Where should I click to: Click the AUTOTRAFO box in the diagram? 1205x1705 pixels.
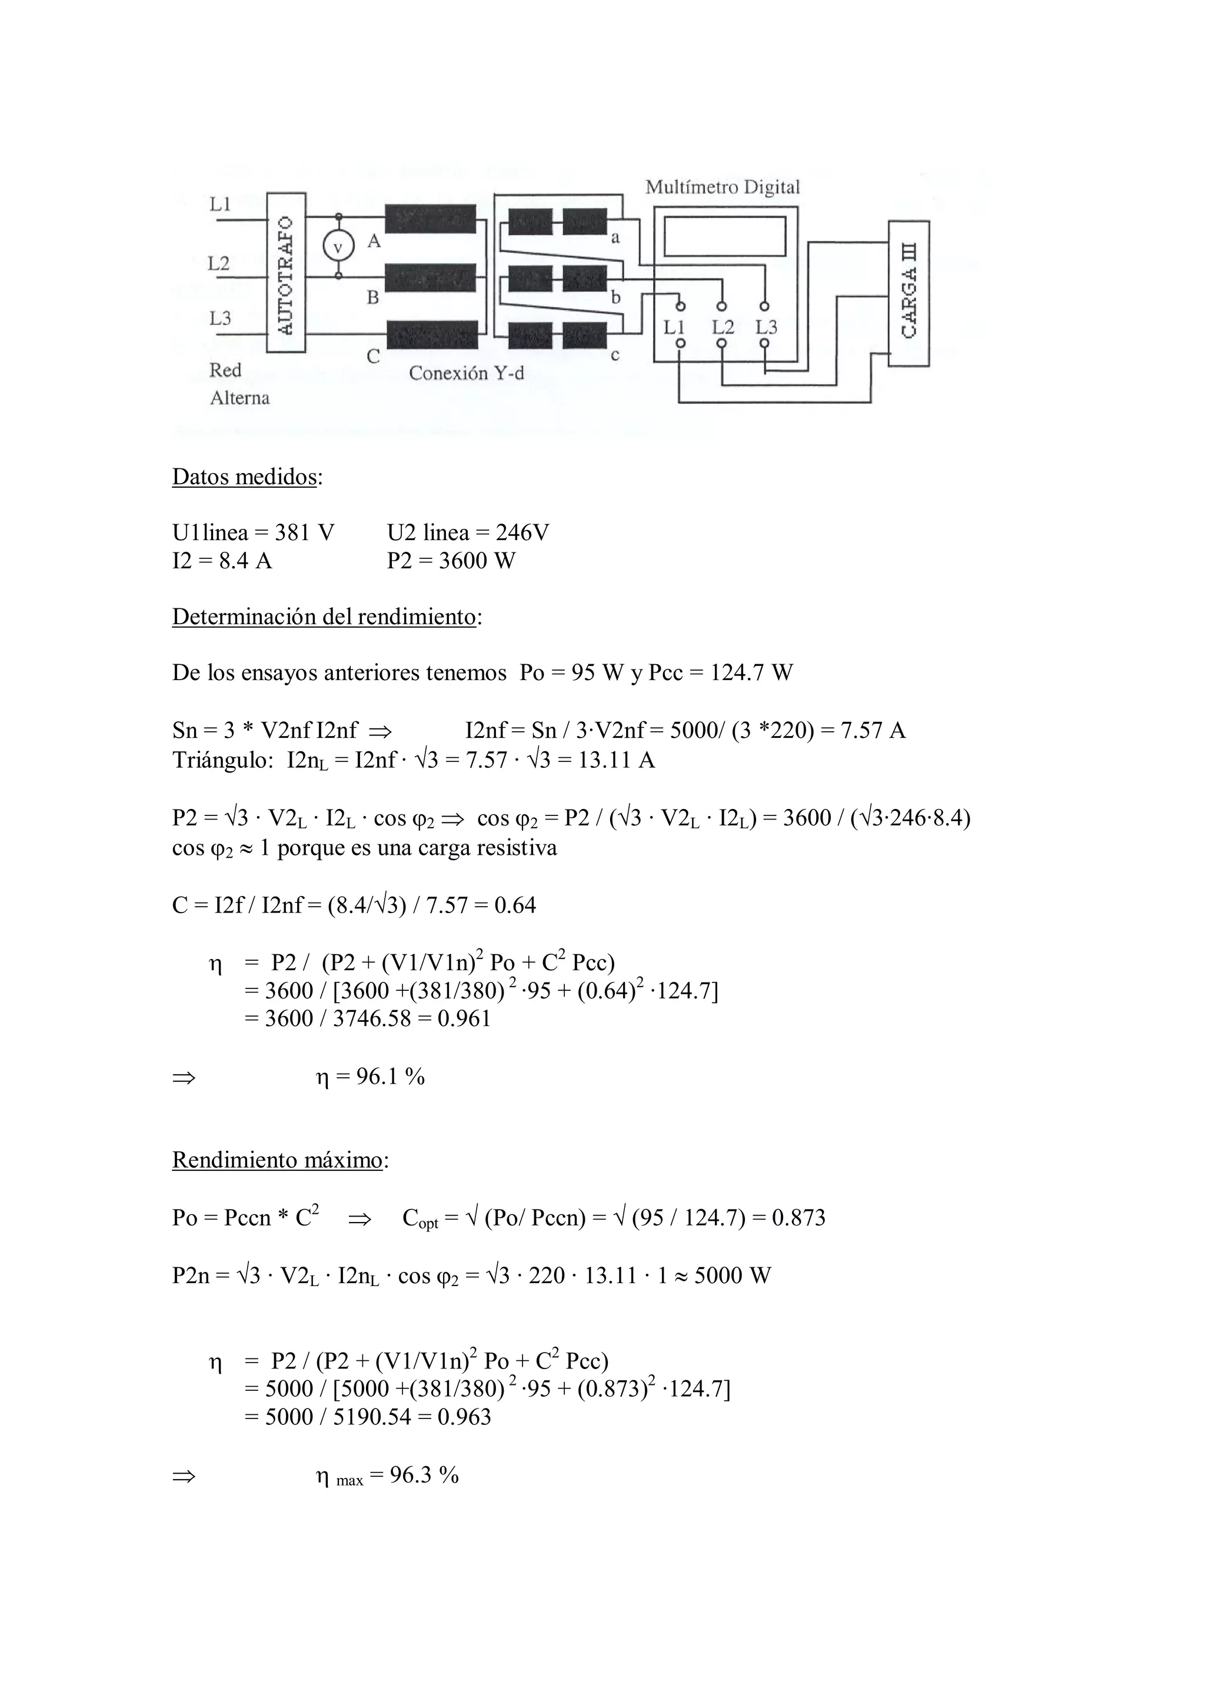tap(286, 272)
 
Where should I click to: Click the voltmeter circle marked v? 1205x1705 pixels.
tap(338, 247)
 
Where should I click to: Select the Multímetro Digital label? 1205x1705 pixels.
tap(723, 187)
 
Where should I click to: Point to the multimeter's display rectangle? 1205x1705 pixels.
tap(725, 236)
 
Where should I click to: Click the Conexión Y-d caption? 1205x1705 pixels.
tap(466, 373)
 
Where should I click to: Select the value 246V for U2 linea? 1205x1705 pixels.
tap(522, 532)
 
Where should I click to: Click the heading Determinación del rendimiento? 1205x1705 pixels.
tap(324, 617)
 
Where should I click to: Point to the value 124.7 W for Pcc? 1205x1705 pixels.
tap(751, 673)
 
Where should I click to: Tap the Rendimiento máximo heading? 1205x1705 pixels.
tap(277, 1160)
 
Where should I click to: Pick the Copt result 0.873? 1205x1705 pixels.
tap(798, 1218)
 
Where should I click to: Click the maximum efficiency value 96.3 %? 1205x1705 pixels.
tap(424, 1475)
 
